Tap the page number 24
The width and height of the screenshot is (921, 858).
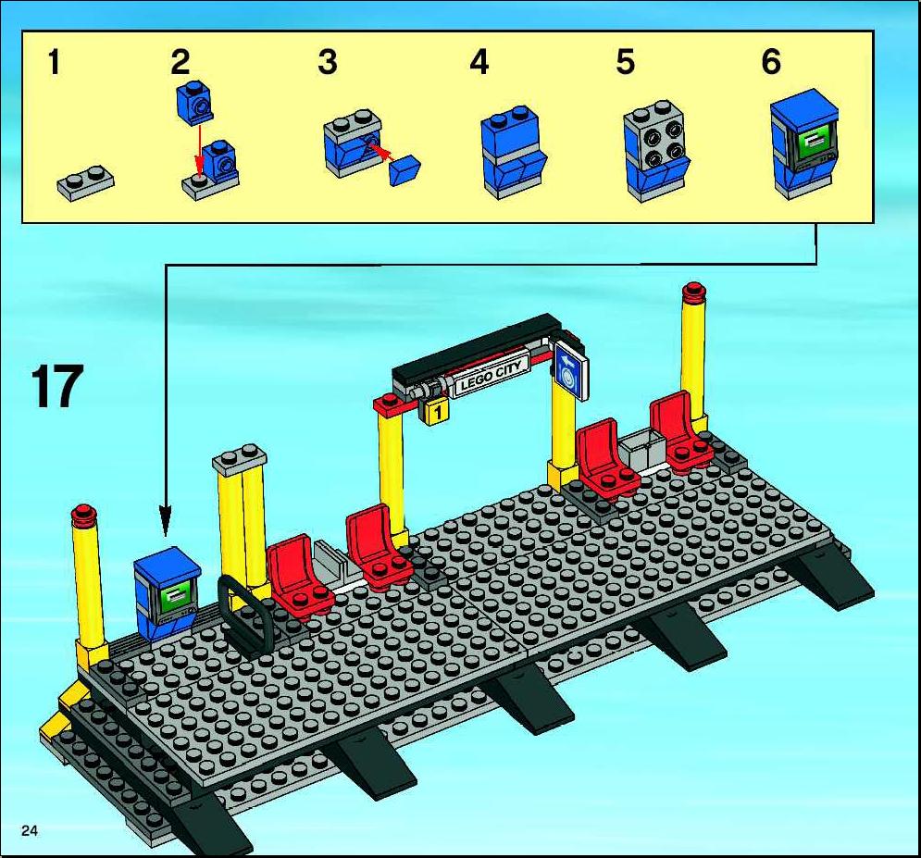pyautogui.click(x=30, y=830)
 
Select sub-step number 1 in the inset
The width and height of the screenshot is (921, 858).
pyautogui.click(x=54, y=62)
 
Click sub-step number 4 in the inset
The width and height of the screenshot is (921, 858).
pyautogui.click(x=479, y=62)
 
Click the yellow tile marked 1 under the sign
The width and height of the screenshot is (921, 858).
pyautogui.click(x=435, y=411)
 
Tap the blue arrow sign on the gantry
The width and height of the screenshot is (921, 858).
pyautogui.click(x=569, y=368)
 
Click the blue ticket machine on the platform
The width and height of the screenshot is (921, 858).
pyautogui.click(x=167, y=592)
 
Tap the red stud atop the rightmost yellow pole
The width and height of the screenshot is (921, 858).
pyautogui.click(x=693, y=291)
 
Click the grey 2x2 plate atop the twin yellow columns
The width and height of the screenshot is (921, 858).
pyautogui.click(x=240, y=459)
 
